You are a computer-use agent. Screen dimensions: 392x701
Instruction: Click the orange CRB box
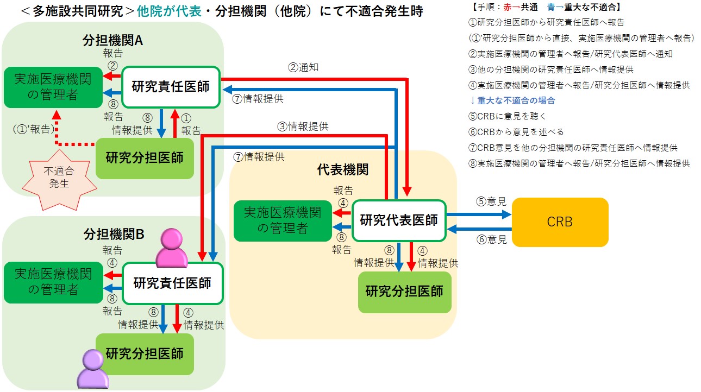click(x=560, y=222)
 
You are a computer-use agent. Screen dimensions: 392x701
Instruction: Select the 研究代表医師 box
click(x=399, y=220)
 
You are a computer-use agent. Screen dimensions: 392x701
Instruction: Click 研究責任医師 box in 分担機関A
click(x=171, y=87)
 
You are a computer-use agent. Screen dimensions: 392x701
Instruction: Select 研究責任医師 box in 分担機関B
click(x=172, y=283)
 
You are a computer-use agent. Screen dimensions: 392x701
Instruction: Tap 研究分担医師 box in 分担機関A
click(x=145, y=158)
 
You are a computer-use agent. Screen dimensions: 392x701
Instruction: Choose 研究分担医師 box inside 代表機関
click(x=404, y=292)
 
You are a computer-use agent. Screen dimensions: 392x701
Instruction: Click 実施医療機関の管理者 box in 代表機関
click(x=282, y=220)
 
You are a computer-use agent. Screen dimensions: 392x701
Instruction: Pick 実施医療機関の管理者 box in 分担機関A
click(x=53, y=87)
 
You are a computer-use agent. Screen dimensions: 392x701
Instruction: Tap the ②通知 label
click(x=303, y=68)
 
